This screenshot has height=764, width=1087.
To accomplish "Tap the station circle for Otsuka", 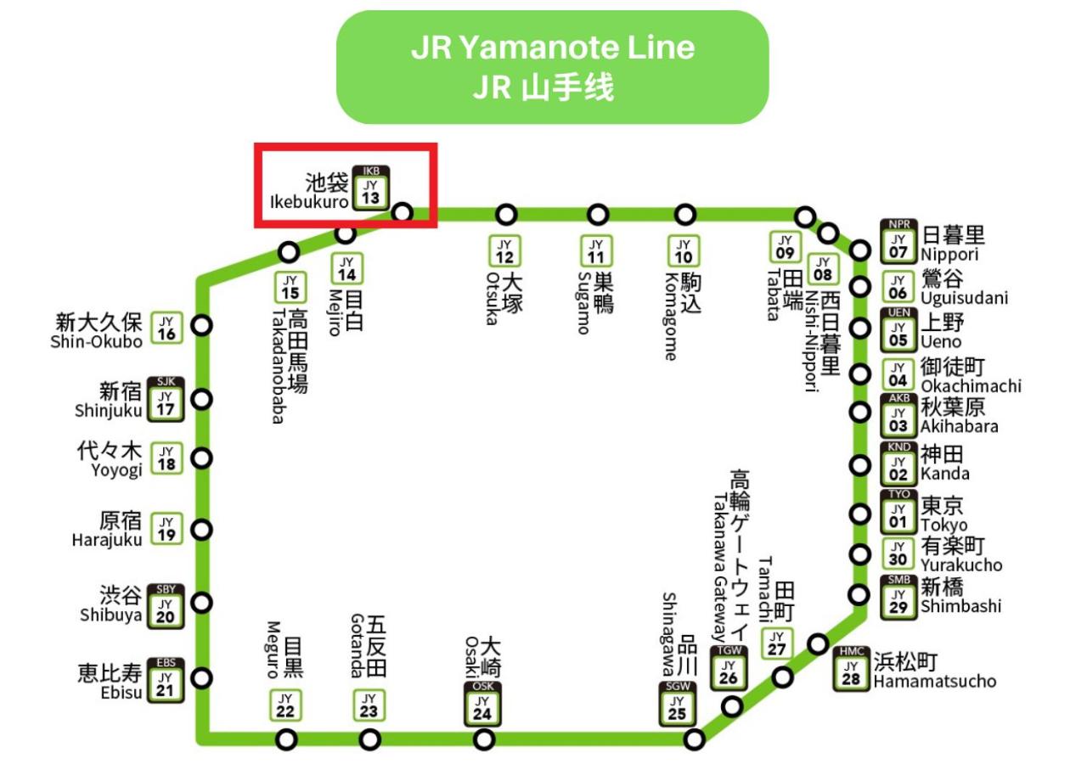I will (506, 214).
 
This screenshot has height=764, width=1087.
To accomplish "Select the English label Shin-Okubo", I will (96, 341).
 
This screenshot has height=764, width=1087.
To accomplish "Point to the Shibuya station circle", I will (202, 603).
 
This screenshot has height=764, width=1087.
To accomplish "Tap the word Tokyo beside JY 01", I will (943, 525).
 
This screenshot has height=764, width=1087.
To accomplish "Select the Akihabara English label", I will (959, 426).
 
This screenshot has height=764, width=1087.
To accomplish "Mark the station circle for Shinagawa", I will (695, 739).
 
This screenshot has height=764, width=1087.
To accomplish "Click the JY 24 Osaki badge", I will (482, 704).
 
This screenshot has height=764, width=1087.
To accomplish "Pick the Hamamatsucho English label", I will (934, 682).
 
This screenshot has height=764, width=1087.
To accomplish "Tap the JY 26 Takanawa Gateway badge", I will (729, 669).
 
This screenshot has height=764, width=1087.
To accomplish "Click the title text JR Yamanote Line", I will (552, 48).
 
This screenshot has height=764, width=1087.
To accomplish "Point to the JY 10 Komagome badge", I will (684, 251).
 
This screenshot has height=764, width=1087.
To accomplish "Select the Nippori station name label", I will (949, 255).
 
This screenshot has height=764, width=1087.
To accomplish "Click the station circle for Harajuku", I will (202, 530).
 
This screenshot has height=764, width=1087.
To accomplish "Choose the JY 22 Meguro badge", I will (286, 705).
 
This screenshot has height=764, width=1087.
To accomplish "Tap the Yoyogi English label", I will (117, 471).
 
